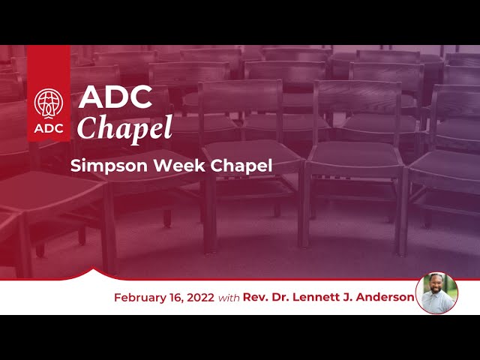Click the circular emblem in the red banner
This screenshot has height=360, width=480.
(x=48, y=103)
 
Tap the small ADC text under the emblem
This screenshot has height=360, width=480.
(x=49, y=128)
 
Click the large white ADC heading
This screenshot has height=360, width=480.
(x=115, y=97)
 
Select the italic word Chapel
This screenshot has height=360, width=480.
(x=124, y=128)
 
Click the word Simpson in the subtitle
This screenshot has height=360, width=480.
(x=109, y=166)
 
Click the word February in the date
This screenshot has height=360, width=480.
(x=139, y=298)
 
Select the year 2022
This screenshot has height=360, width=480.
(x=200, y=298)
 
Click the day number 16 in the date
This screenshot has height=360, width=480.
(x=175, y=298)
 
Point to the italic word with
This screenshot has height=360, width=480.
(x=229, y=298)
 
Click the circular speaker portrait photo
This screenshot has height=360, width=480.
(x=436, y=293)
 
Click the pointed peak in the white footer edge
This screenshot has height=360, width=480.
(x=93, y=268)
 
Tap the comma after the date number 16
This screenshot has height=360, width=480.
(x=183, y=301)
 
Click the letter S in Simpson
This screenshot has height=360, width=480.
(x=75, y=166)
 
